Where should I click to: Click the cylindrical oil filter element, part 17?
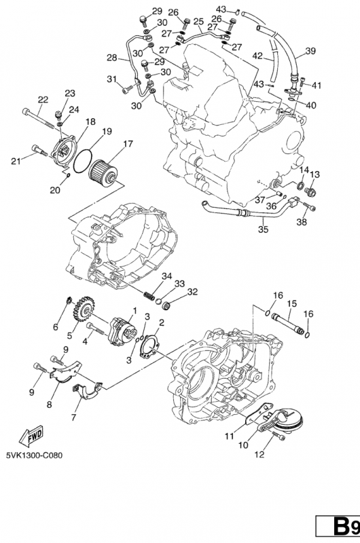click(103, 171)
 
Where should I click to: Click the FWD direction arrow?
click(31, 435)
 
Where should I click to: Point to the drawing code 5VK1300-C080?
click(35, 455)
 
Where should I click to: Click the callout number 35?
click(263, 229)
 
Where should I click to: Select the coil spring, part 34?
click(149, 296)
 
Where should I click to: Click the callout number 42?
click(257, 56)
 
